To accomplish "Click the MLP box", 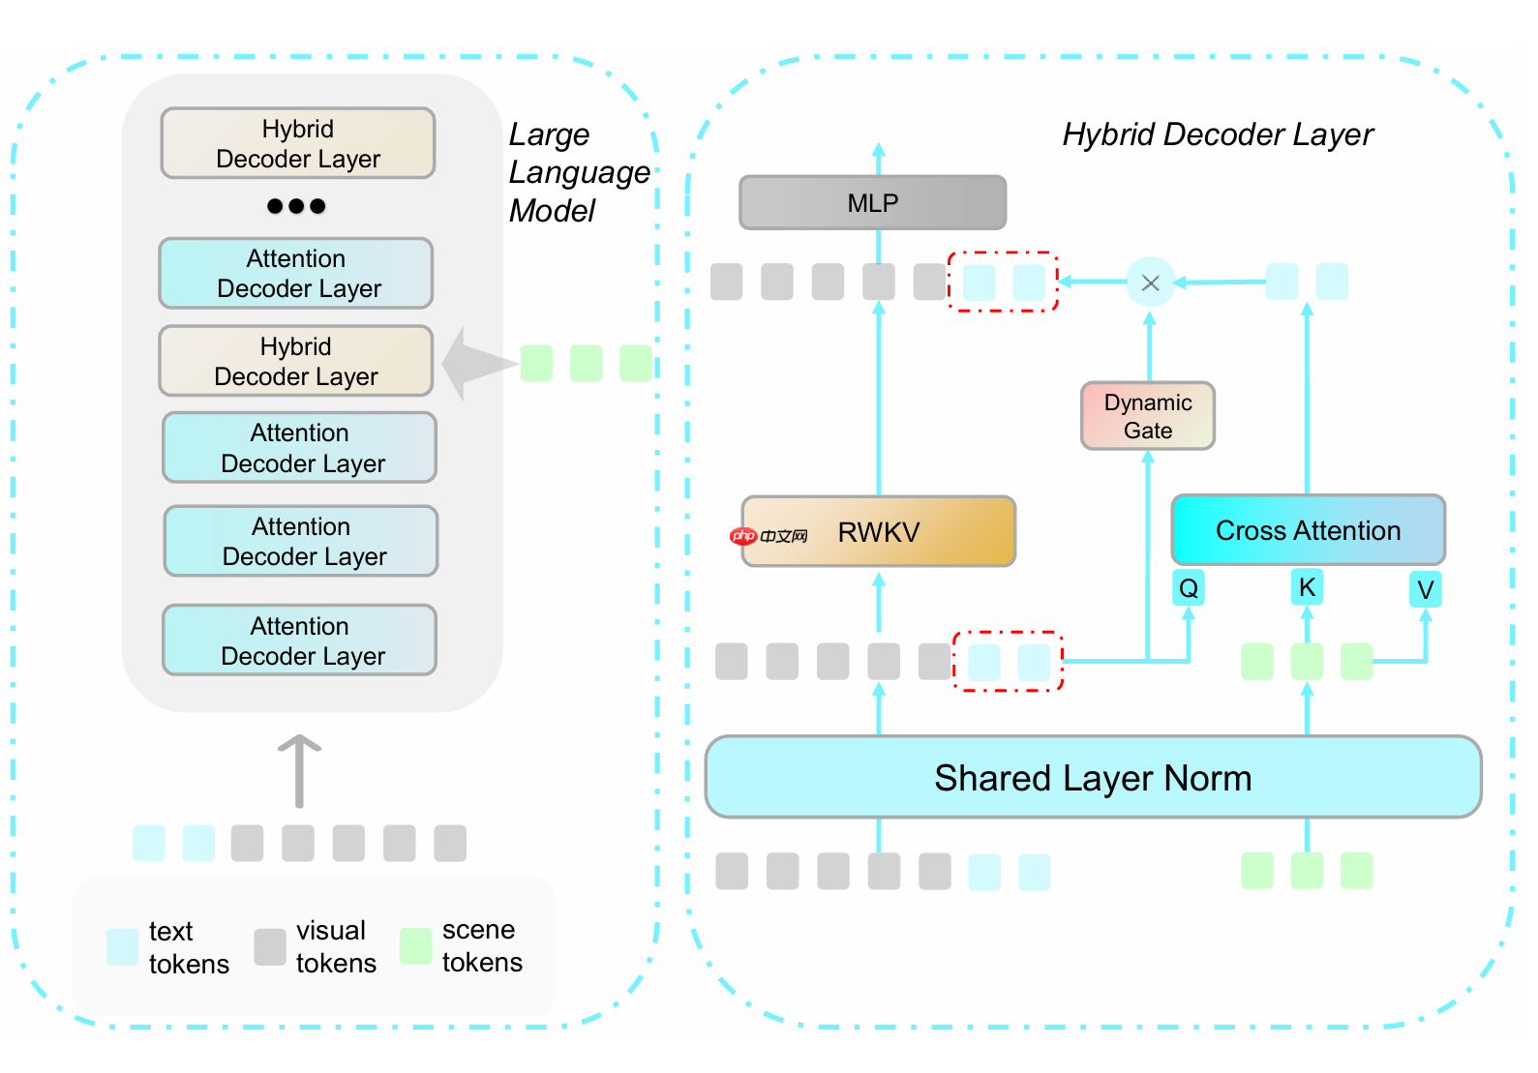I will click(872, 202).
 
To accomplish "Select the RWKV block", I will click(878, 531).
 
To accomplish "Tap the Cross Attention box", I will click(1308, 530).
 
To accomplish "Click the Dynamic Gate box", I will click(1147, 416).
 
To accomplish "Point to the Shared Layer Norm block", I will click(1093, 778).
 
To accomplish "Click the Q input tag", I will click(1189, 587).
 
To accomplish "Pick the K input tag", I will click(1307, 587).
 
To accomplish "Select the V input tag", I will click(1425, 589).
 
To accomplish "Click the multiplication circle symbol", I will click(1150, 283).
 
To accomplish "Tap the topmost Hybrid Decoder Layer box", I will click(298, 143).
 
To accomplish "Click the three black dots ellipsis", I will click(296, 206).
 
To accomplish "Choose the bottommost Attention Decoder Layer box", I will click(300, 641).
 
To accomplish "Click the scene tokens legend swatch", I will click(415, 946).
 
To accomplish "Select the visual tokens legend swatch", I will click(270, 946).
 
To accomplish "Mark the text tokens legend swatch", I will click(123, 946).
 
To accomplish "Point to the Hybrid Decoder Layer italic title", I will click(1217, 134).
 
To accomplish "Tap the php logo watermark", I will click(743, 536).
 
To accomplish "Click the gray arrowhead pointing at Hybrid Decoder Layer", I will click(474, 364).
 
